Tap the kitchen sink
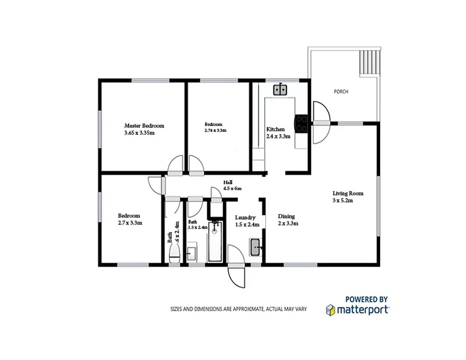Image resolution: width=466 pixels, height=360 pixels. click(x=280, y=91)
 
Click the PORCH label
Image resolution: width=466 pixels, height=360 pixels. click(x=341, y=92)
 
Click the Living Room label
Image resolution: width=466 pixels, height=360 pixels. click(x=348, y=197)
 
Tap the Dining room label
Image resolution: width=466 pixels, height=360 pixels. click(x=288, y=220)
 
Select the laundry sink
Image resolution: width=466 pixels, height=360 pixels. click(x=255, y=246)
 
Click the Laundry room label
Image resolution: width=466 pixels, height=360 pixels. click(x=246, y=221)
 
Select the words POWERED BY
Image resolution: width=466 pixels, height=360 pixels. click(x=366, y=298)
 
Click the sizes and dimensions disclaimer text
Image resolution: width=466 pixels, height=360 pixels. click(x=237, y=310)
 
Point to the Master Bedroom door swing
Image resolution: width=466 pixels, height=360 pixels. click(x=175, y=164)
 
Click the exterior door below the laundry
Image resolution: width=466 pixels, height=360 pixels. click(x=235, y=275)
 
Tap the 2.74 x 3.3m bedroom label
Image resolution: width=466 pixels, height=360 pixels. click(x=215, y=127)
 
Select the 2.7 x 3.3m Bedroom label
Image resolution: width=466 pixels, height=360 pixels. click(x=129, y=219)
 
